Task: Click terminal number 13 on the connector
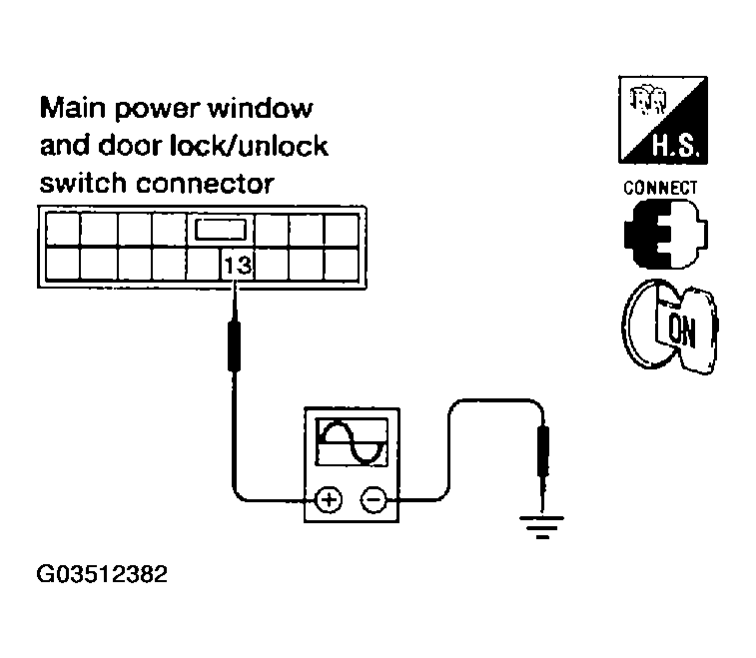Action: (237, 266)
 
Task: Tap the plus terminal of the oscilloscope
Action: (328, 499)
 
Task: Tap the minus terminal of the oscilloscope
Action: (372, 499)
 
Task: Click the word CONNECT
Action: (660, 187)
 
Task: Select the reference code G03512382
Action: (102, 576)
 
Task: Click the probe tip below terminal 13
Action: (237, 339)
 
